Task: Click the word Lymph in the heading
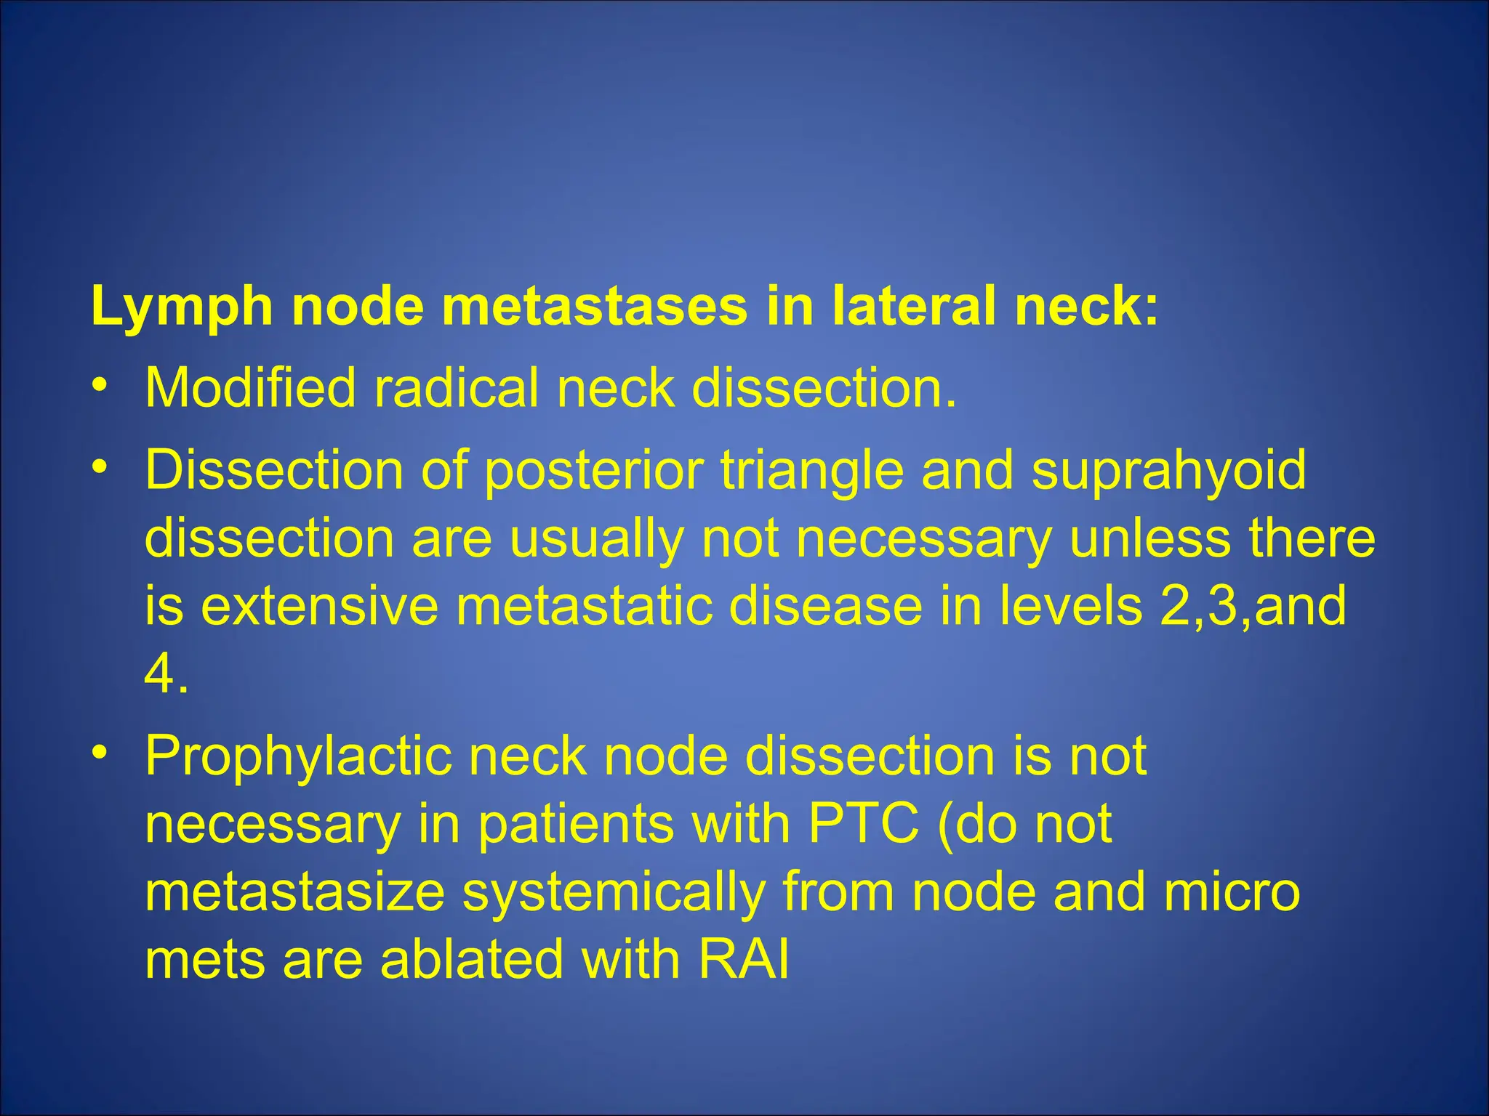coord(182,307)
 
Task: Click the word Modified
coord(250,388)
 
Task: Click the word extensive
coord(319,607)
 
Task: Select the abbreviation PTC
coord(863,825)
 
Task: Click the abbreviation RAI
coord(743,960)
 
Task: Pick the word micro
coord(1232,892)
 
